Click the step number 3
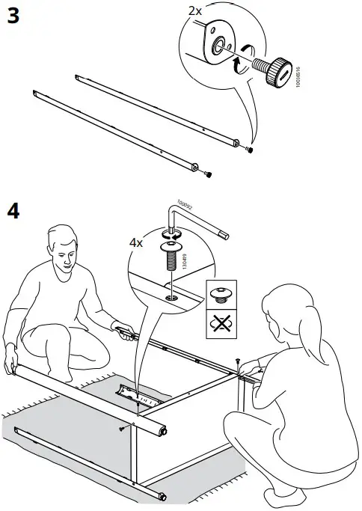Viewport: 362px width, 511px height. point(13,16)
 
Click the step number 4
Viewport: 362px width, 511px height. point(13,210)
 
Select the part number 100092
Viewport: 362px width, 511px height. point(183,204)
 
